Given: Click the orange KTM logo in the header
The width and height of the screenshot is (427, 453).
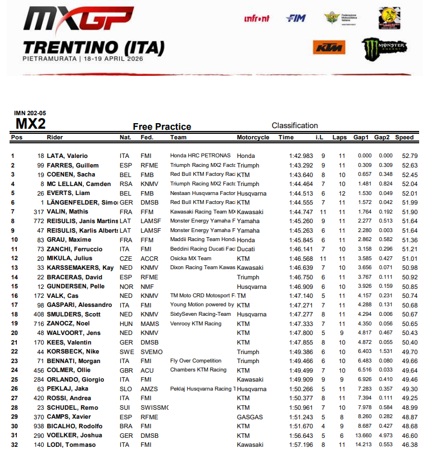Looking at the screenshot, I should tap(328, 48).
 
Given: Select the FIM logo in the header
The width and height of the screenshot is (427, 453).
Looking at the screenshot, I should tap(296, 19).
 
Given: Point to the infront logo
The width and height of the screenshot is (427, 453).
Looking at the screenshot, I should tap(257, 19).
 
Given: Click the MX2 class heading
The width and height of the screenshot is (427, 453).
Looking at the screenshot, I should tap(30, 124).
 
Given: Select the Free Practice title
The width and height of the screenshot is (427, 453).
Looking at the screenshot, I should tap(162, 127).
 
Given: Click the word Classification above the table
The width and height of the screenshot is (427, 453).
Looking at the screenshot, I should tap(294, 125).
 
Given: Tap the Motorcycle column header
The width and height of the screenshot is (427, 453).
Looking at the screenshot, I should tap(253, 137).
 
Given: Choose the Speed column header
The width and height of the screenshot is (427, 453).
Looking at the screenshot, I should tap(404, 137).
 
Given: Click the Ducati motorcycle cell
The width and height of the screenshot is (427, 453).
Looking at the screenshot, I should tap(246, 248).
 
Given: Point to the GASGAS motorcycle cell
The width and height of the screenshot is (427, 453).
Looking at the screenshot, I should tap(249, 416).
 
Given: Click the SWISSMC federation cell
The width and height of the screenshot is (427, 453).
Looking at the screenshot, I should tap(155, 407).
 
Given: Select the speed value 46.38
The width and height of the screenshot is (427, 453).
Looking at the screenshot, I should tap(406, 444).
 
